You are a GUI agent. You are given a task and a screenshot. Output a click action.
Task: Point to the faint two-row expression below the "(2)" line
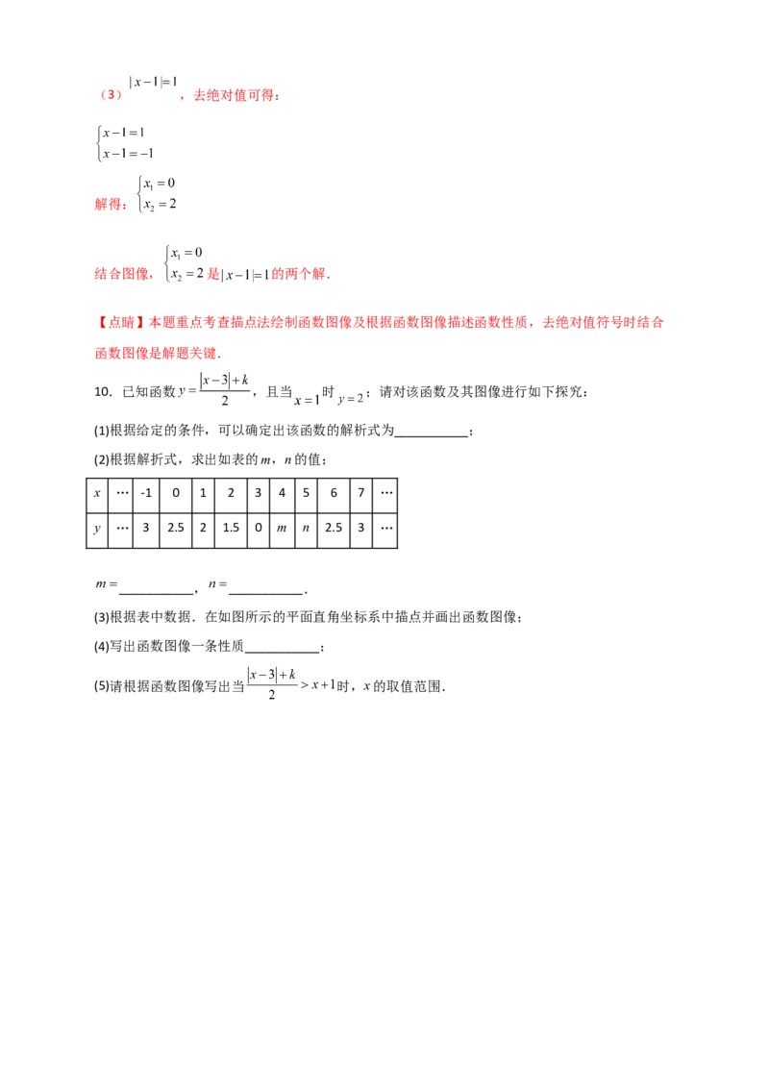point(122,142)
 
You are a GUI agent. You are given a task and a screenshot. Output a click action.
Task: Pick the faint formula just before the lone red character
point(183,267)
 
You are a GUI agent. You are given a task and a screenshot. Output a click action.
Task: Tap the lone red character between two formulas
point(213,276)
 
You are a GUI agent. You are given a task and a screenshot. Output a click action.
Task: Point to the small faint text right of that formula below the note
point(332,399)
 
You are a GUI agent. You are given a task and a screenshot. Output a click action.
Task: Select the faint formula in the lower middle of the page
point(288,679)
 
